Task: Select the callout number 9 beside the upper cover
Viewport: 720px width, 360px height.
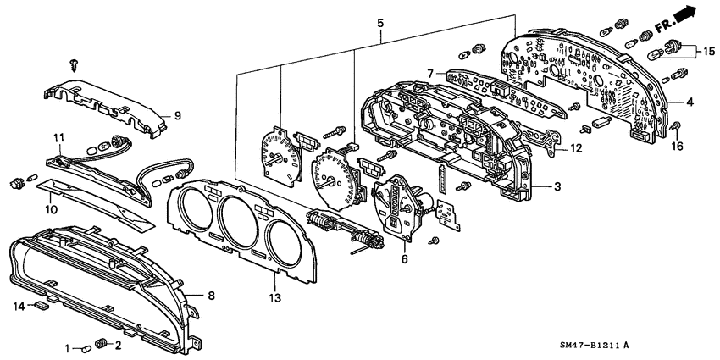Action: (x=177, y=116)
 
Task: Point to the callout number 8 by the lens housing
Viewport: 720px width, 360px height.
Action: (x=212, y=296)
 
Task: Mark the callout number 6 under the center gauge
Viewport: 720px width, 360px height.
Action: (x=404, y=259)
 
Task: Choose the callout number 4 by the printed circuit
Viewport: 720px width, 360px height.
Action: (x=690, y=102)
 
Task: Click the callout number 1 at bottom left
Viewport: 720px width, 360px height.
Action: (x=68, y=348)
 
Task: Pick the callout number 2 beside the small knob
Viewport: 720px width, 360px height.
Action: (x=119, y=346)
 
